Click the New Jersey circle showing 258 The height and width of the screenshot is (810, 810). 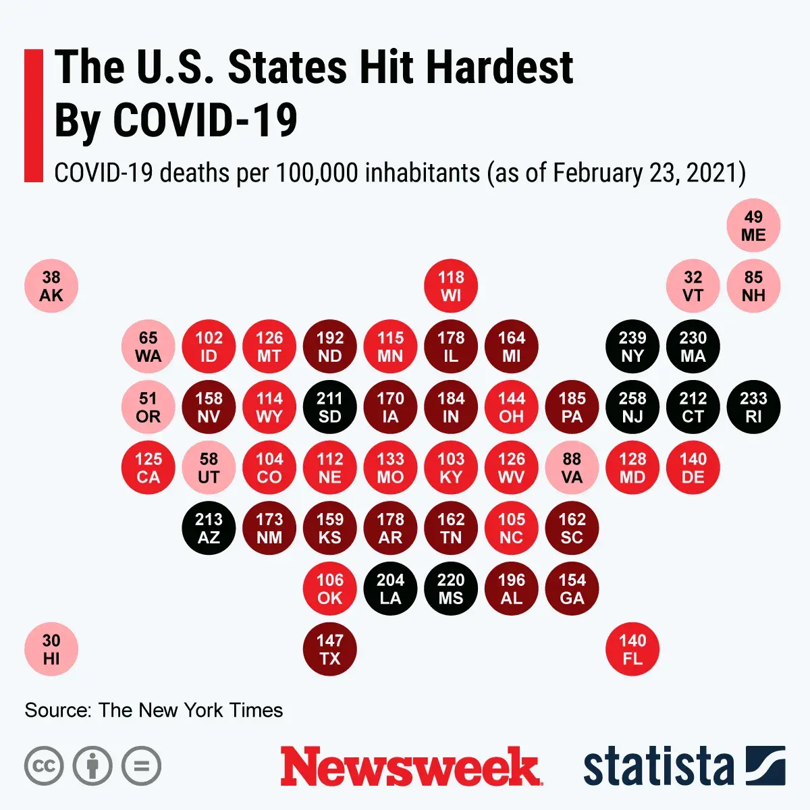[632, 408]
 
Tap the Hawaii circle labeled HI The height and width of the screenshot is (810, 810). [51, 649]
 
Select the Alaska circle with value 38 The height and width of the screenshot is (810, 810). [51, 286]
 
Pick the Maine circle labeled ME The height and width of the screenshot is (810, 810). [753, 225]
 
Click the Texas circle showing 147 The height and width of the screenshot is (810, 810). [329, 649]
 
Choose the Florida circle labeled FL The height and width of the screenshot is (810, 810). [632, 649]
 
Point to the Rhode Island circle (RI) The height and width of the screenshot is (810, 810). [753, 408]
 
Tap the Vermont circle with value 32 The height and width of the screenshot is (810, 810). [693, 286]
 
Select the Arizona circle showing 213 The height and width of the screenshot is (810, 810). [209, 529]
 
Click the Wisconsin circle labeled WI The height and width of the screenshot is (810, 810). [451, 286]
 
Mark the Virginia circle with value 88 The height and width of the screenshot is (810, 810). [572, 468]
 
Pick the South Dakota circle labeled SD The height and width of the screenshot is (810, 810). [329, 408]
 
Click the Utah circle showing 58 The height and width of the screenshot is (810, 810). [209, 468]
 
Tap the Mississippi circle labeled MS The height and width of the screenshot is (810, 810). [451, 589]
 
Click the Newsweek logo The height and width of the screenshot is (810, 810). [410, 767]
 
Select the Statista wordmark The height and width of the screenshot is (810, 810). [658, 767]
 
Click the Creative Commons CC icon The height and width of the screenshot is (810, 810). [44, 766]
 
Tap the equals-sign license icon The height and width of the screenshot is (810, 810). [142, 766]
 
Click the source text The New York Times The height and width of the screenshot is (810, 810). [190, 710]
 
